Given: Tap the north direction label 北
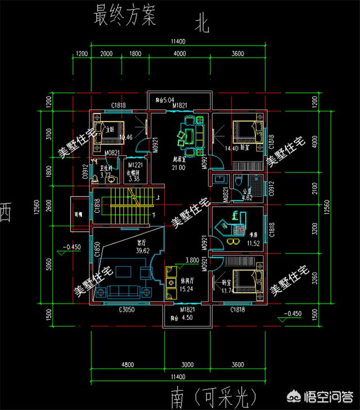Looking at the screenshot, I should pyautogui.click(x=202, y=23).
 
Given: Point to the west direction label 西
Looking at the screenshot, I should pyautogui.click(x=7, y=215).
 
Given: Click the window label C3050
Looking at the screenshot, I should pyautogui.click(x=128, y=310).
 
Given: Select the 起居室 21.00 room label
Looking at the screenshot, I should pyautogui.click(x=179, y=163).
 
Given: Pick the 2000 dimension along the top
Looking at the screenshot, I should pyautogui.click(x=107, y=54).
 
